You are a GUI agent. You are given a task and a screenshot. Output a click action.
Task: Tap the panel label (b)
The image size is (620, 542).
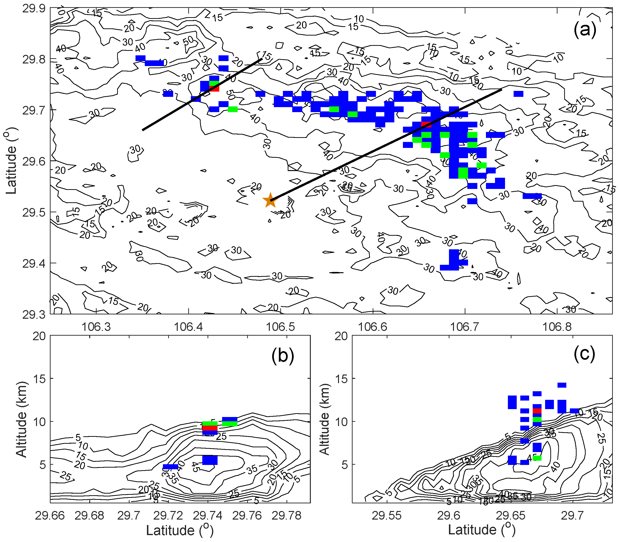(282, 356)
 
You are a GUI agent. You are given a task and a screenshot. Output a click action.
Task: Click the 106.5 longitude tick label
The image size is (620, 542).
(280, 327)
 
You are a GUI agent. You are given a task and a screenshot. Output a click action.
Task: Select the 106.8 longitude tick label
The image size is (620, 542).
(557, 327)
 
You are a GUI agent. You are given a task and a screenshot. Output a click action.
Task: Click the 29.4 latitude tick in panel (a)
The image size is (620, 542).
(33, 263)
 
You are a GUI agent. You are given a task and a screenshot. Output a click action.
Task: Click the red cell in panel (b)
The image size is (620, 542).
(210, 428)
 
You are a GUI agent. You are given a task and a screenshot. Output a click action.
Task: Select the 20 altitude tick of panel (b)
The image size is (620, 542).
(39, 336)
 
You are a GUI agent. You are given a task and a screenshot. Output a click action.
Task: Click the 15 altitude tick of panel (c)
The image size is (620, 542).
(341, 379)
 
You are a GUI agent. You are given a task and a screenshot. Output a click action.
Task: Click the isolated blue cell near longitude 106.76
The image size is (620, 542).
(518, 94)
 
